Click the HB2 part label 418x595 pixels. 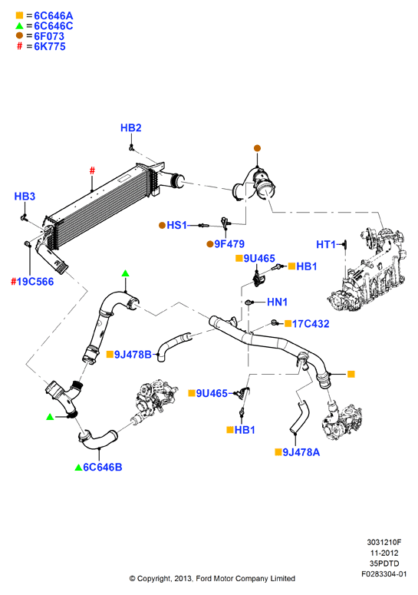point(130,128)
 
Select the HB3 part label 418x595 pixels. point(25,197)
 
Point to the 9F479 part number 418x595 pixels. point(229,243)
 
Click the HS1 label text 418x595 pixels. point(177,225)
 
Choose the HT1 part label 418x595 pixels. point(326,244)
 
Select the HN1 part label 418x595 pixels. point(278,302)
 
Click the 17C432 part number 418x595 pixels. point(311,324)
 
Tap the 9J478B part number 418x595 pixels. point(133,355)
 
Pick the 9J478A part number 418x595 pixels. point(301,452)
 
